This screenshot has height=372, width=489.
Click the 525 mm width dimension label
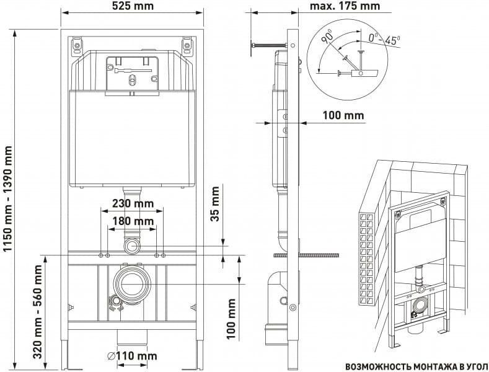tap(133, 6)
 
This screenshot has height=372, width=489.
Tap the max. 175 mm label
tap(345, 6)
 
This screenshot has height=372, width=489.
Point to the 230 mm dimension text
tap(133, 203)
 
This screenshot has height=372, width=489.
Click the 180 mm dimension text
tap(133, 221)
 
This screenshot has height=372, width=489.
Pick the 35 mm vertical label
tap(215, 204)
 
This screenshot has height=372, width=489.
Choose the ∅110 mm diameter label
tap(132, 355)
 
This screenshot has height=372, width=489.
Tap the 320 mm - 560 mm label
tap(38, 312)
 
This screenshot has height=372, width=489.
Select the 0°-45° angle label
tap(384, 39)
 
